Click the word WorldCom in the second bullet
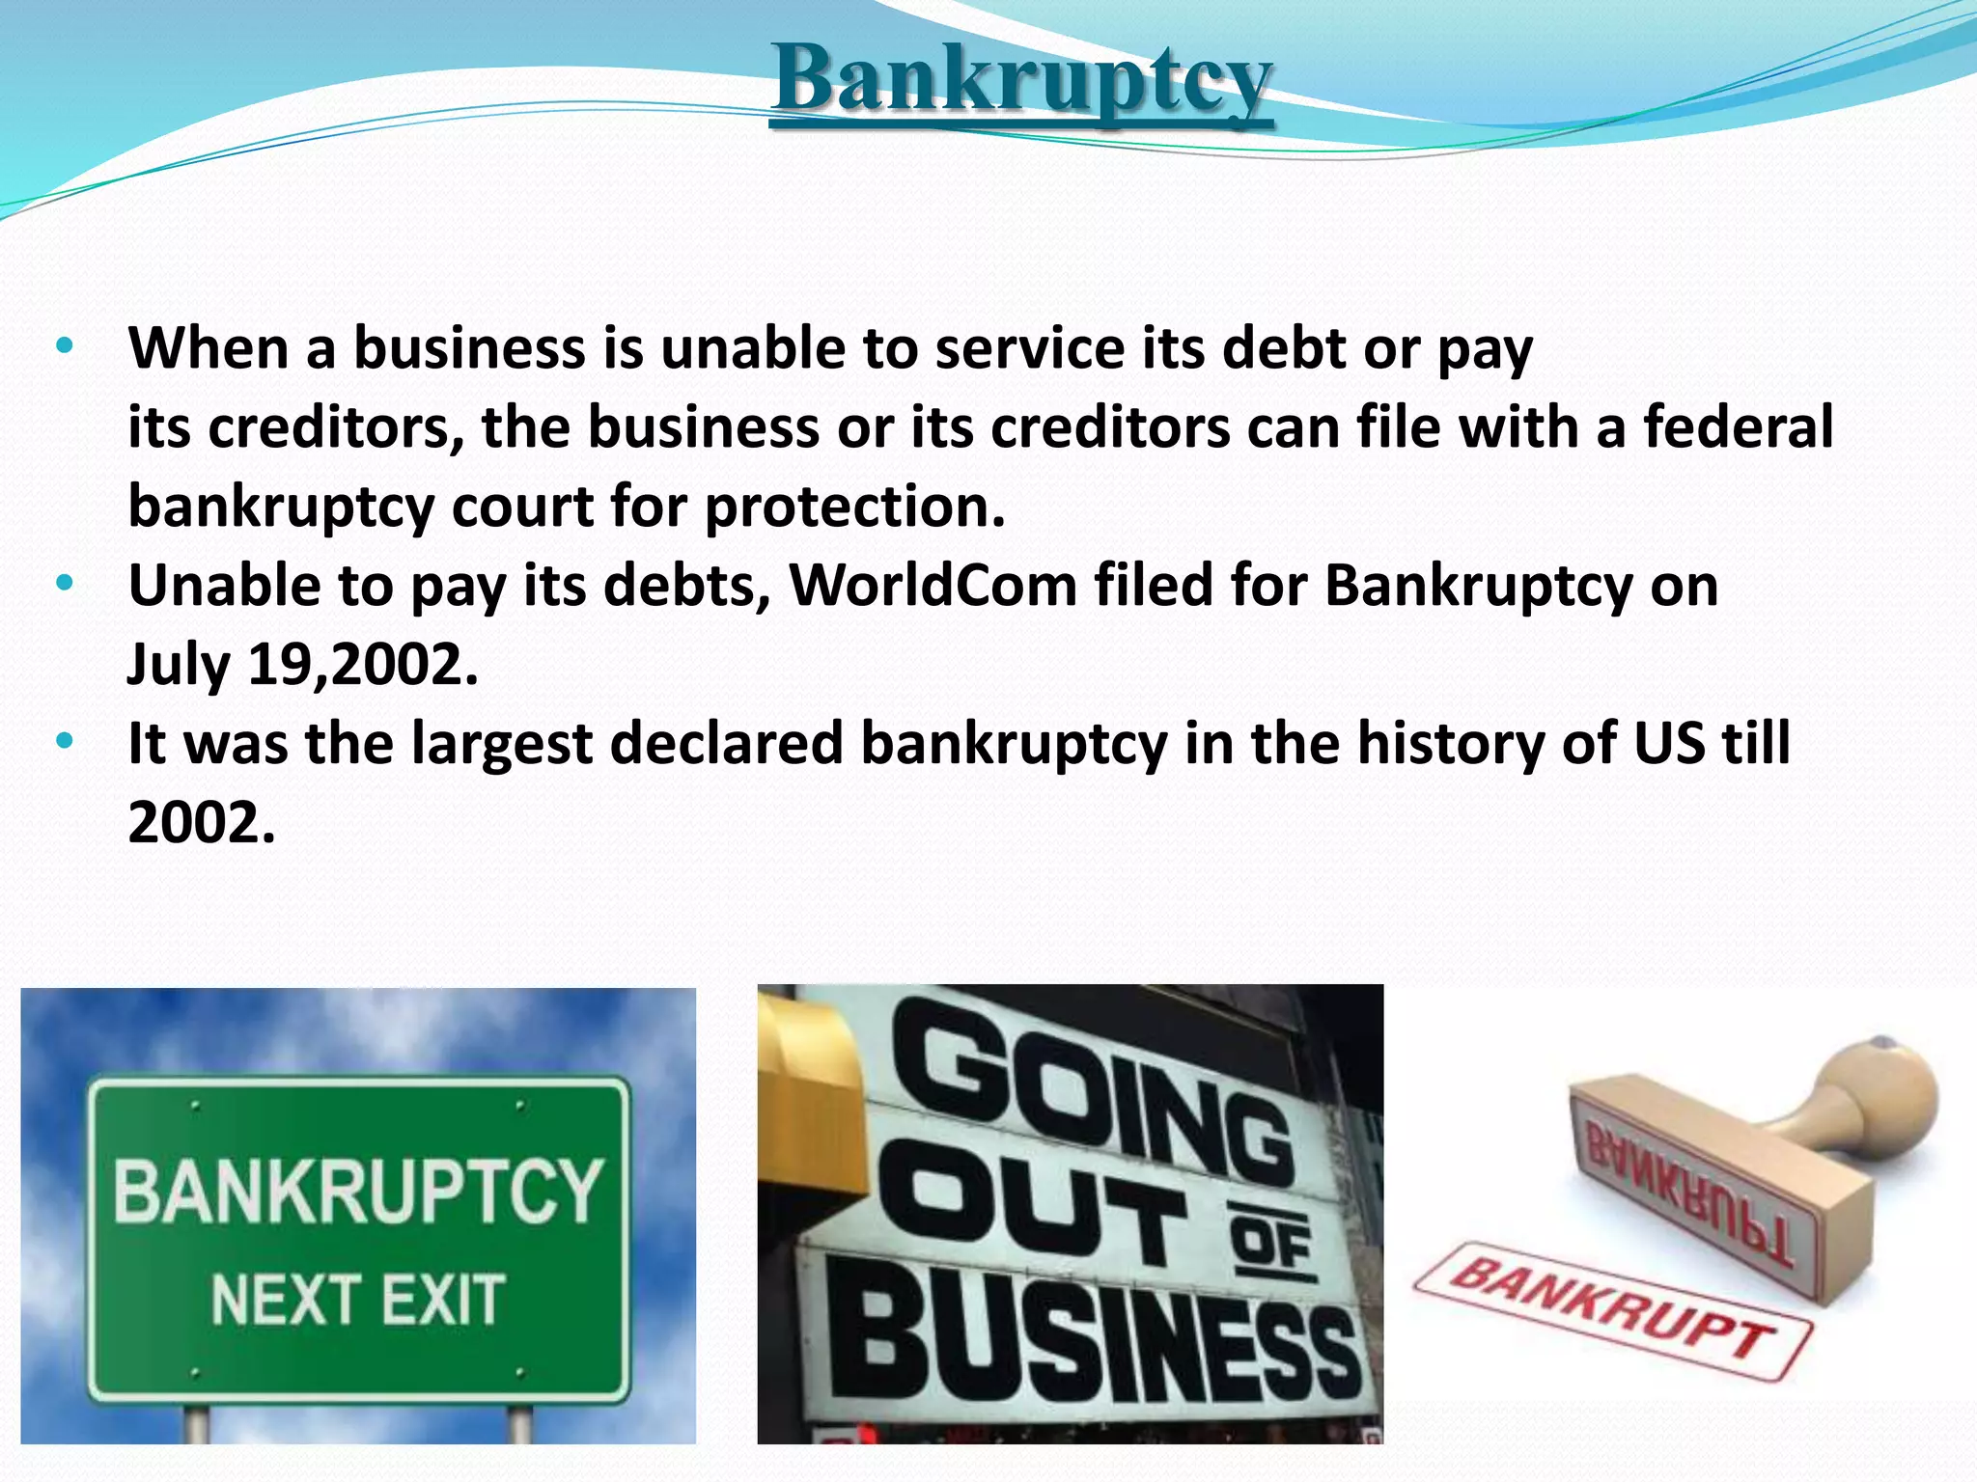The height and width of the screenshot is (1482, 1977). pyautogui.click(x=933, y=586)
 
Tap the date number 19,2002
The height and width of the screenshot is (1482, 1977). pyautogui.click(x=363, y=665)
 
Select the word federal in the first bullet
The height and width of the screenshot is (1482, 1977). pyautogui.click(x=1738, y=427)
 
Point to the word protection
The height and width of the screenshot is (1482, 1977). pyautogui.click(x=854, y=507)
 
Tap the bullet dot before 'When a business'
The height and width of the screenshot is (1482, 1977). pyautogui.click(x=65, y=346)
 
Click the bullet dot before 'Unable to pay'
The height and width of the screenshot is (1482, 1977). pyautogui.click(x=65, y=584)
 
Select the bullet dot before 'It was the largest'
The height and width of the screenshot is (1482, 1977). pyautogui.click(x=65, y=742)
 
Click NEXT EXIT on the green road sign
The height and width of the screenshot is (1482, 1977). pyautogui.click(x=358, y=1300)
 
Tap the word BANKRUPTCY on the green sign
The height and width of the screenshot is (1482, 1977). pyautogui.click(x=358, y=1193)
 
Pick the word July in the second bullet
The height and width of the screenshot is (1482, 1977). pyautogui.click(x=179, y=665)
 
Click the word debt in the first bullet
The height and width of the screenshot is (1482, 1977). pyautogui.click(x=1283, y=348)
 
